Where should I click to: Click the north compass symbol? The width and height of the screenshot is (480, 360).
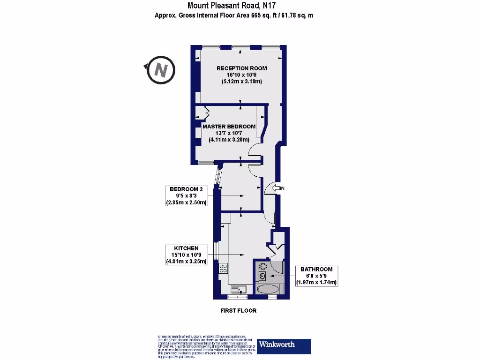tap(161, 70)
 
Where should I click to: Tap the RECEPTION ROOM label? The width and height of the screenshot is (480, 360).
tap(241, 68)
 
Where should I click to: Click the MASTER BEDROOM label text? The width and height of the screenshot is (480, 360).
tap(229, 127)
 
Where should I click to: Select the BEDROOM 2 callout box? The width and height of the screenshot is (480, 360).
tap(186, 196)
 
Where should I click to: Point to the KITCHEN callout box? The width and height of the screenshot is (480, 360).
tap(186, 255)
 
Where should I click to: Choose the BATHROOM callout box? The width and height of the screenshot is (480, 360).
tap(316, 276)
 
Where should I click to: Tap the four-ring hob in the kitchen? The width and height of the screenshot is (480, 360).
tap(224, 269)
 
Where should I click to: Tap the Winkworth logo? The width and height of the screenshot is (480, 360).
tap(284, 346)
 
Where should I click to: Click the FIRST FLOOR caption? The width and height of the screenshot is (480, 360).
tap(238, 311)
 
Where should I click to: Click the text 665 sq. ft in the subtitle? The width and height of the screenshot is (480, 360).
tap(261, 15)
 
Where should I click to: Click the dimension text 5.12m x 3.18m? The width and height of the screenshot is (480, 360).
tap(241, 82)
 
